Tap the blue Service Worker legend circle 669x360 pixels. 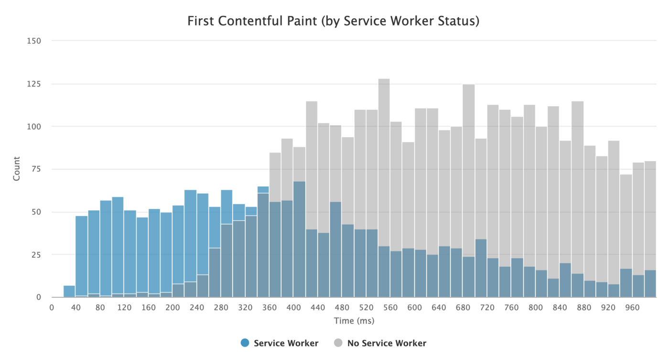(x=245, y=343)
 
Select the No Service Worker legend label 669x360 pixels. (x=387, y=343)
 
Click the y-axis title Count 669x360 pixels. (x=17, y=168)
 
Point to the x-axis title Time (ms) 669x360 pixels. (x=354, y=321)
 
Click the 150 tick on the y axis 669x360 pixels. (x=34, y=41)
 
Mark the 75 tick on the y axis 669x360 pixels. (x=36, y=169)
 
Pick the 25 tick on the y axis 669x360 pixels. (x=36, y=254)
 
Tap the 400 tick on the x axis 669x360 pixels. (x=293, y=308)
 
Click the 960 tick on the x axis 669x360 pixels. (x=632, y=308)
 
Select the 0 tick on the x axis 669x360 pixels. (x=52, y=308)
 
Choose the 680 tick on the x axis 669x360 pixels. (x=463, y=308)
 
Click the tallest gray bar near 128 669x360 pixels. (x=384, y=143)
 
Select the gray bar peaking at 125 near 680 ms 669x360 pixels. (x=469, y=143)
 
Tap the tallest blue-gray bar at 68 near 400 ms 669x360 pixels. (x=300, y=239)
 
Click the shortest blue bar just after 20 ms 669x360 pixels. (x=70, y=292)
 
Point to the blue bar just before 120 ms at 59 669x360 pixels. (x=118, y=239)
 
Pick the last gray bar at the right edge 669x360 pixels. (x=650, y=215)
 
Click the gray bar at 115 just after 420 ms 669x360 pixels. (x=312, y=143)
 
